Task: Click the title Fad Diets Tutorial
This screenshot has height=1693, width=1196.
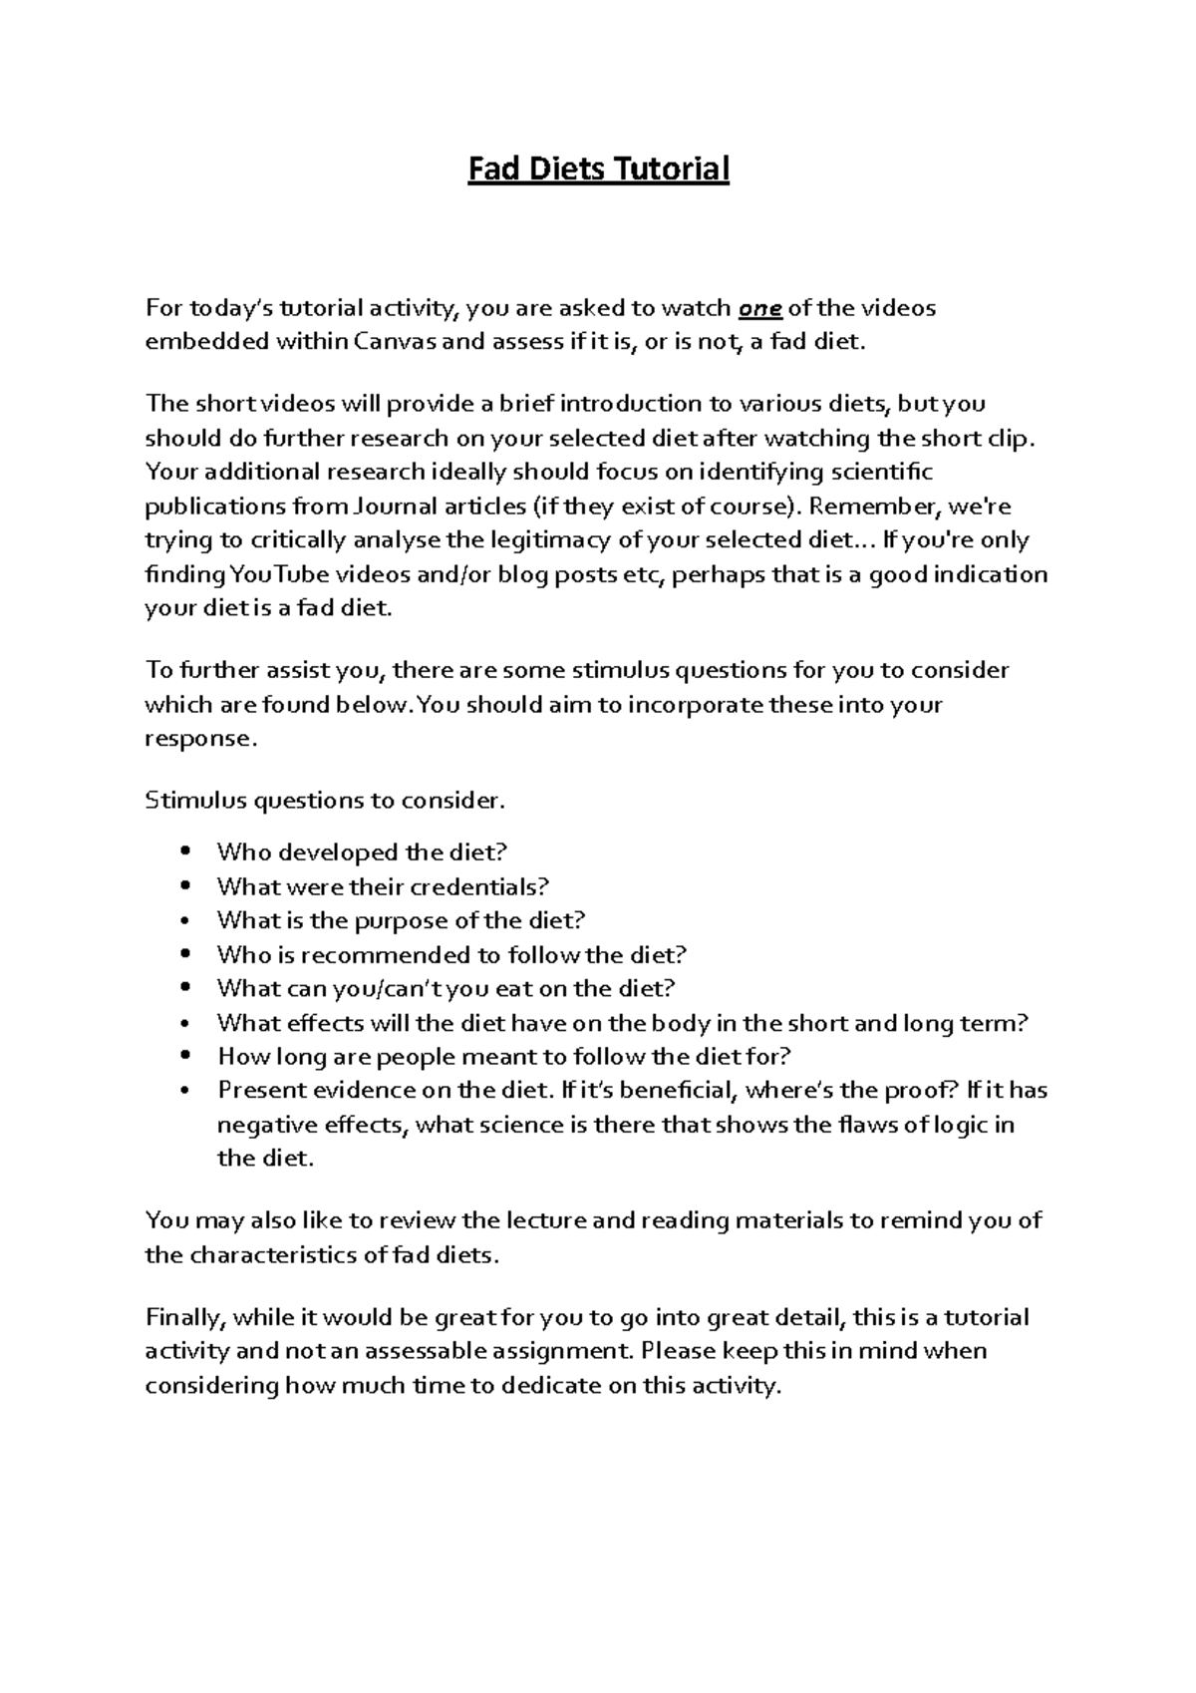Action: tap(599, 169)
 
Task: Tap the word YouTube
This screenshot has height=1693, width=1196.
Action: tap(280, 575)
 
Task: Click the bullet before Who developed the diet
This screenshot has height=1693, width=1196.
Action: tap(186, 852)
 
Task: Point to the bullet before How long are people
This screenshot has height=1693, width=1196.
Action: tap(186, 1057)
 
